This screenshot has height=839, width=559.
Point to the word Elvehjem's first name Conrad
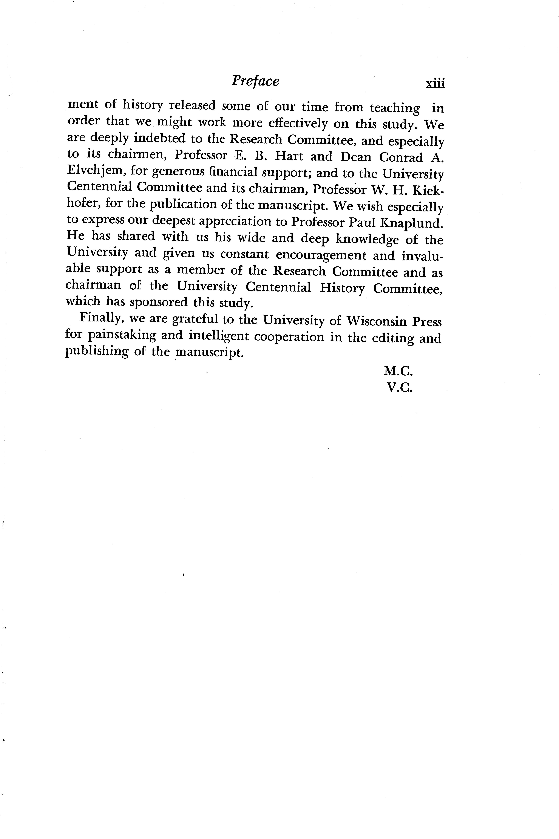[401, 157]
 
